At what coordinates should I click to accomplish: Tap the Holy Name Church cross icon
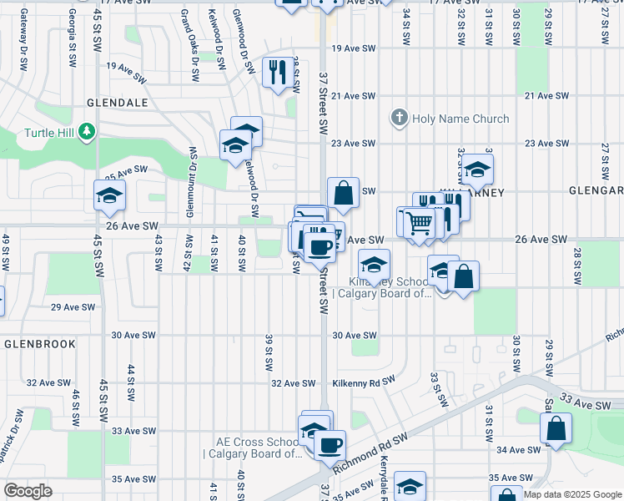coord(400,119)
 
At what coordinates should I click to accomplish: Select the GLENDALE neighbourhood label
coord(117,102)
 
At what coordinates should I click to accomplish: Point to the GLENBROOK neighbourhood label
coord(39,343)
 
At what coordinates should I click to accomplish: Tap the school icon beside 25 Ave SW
coord(108,196)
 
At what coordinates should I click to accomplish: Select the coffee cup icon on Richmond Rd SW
coord(330,444)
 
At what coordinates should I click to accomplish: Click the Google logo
coord(28,491)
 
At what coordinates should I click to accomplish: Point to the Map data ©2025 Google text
coord(572,494)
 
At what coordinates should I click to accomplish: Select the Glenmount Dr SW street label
coord(191,171)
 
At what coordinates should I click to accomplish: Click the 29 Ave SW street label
coord(69,307)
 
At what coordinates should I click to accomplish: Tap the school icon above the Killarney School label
coord(375,265)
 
